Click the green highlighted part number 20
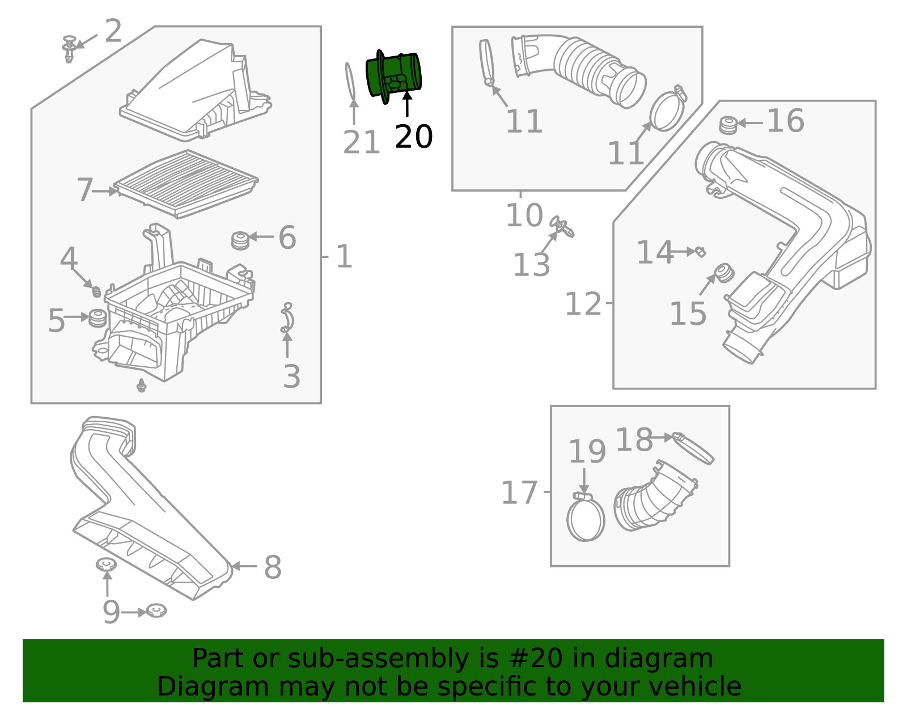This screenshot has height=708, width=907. click(x=395, y=76)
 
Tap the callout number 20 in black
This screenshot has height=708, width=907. click(x=414, y=137)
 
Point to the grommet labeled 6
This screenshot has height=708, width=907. click(x=240, y=240)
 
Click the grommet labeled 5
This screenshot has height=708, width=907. click(x=98, y=318)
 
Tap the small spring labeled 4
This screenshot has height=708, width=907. click(x=96, y=291)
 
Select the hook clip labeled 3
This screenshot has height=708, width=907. click(x=288, y=318)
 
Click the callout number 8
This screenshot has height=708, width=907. click(x=273, y=567)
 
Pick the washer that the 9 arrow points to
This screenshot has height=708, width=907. click(x=156, y=611)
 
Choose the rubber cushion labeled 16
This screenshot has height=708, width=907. click(x=728, y=125)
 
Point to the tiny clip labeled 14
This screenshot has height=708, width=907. click(x=701, y=251)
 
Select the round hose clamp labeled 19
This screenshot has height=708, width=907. click(x=586, y=519)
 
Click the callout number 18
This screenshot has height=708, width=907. click(x=634, y=440)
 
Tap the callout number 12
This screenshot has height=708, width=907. click(x=583, y=304)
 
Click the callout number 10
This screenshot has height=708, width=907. click(x=524, y=216)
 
